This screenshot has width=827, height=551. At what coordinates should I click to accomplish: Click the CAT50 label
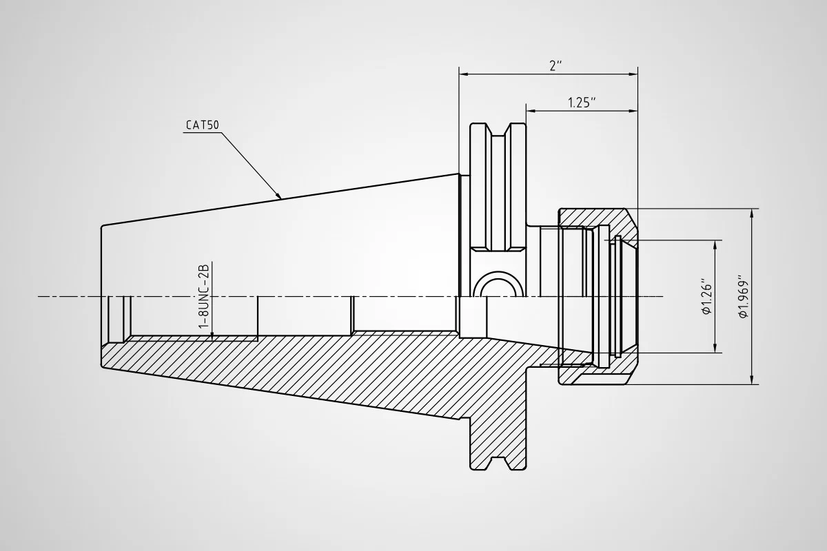point(203,125)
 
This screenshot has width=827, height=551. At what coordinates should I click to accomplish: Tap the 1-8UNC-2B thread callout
point(204,294)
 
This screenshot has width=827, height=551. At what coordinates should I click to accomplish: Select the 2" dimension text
point(555,65)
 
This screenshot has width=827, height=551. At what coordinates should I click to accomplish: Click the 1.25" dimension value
point(582,102)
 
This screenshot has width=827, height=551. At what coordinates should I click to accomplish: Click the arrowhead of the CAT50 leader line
point(279,196)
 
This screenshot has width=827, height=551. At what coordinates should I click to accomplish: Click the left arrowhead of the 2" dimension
point(464,73)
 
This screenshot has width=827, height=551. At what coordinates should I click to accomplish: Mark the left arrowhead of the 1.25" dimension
point(531,110)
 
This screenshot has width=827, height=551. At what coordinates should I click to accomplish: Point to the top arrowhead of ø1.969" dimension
point(753,212)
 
